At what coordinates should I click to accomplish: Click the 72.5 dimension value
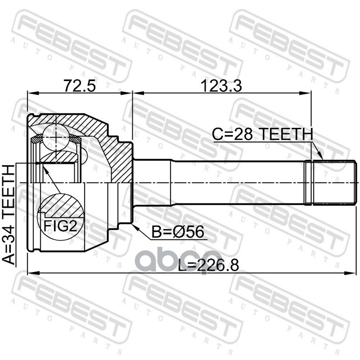[79, 85]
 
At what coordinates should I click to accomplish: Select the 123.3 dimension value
[221, 86]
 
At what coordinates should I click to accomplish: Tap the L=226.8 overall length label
[208, 265]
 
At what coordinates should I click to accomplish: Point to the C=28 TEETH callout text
[262, 134]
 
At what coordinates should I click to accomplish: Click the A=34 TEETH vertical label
[9, 215]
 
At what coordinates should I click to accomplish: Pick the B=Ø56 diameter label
[178, 232]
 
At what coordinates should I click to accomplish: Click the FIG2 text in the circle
[60, 226]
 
